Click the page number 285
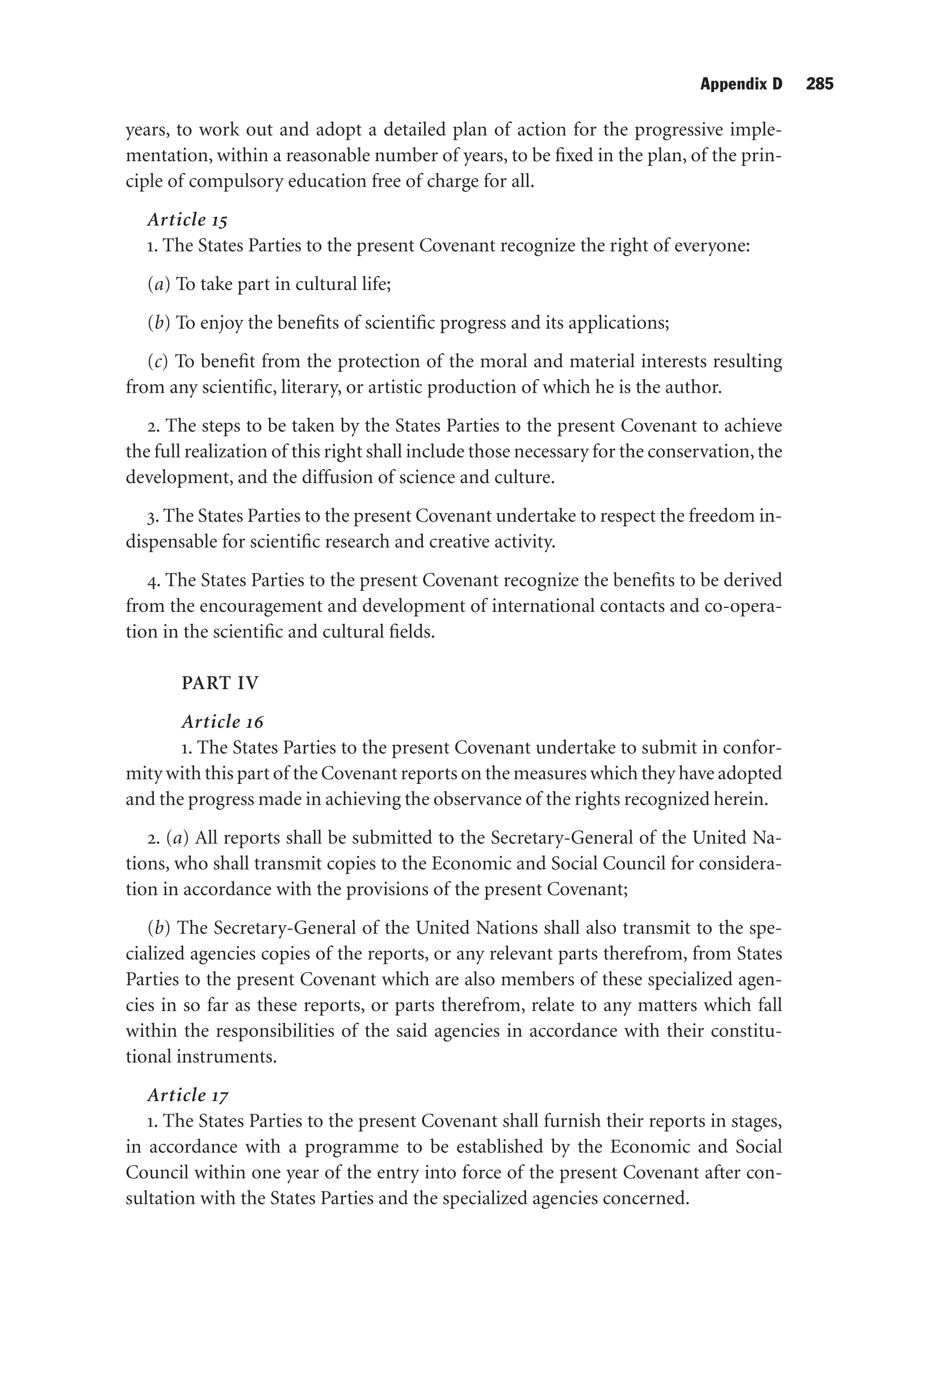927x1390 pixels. (x=819, y=84)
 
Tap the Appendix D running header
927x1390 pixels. (x=741, y=84)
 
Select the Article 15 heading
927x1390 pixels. (x=187, y=220)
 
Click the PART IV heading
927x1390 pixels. (x=220, y=683)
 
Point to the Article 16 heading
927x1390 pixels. (x=223, y=721)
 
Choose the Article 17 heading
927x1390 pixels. (x=187, y=1095)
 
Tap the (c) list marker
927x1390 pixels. (x=157, y=361)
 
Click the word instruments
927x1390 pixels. (x=226, y=1057)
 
